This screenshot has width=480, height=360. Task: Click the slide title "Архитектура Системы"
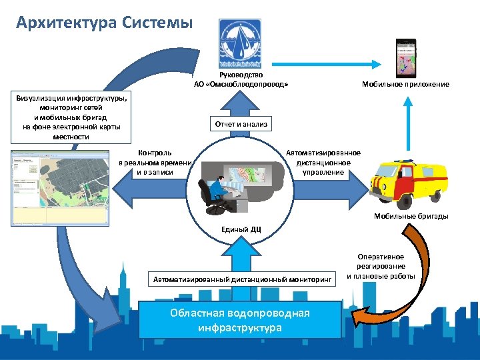[105, 23]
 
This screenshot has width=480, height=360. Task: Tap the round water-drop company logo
[241, 43]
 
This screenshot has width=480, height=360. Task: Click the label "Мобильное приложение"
[405, 85]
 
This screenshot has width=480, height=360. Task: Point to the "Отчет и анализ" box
[241, 124]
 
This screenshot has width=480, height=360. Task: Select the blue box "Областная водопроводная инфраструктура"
[240, 321]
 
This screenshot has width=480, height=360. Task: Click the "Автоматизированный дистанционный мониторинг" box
[242, 279]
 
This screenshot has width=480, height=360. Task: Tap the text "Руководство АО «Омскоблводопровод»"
[241, 80]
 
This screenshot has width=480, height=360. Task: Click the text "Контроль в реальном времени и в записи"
[155, 162]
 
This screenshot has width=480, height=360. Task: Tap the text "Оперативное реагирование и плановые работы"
[381, 266]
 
